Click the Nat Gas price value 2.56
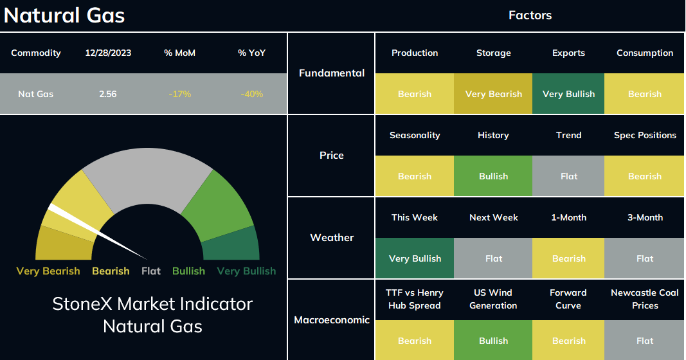pos(107,94)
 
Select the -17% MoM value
pos(180,94)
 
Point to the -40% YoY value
pos(251,94)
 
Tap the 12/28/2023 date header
pos(108,53)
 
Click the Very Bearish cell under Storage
pos(494,94)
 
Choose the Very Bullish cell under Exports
pos(568,94)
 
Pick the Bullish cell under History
pos(494,176)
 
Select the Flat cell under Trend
pos(568,176)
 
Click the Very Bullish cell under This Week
pos(415,258)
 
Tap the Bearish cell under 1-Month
pos(568,258)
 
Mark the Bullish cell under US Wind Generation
pos(494,340)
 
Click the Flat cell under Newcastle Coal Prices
pos(644,340)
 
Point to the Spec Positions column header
pos(645,135)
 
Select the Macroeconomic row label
pos(332,319)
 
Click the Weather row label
pos(332,237)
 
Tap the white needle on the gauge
pos(97,231)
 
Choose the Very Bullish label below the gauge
pos(246,271)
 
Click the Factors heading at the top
pos(530,15)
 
